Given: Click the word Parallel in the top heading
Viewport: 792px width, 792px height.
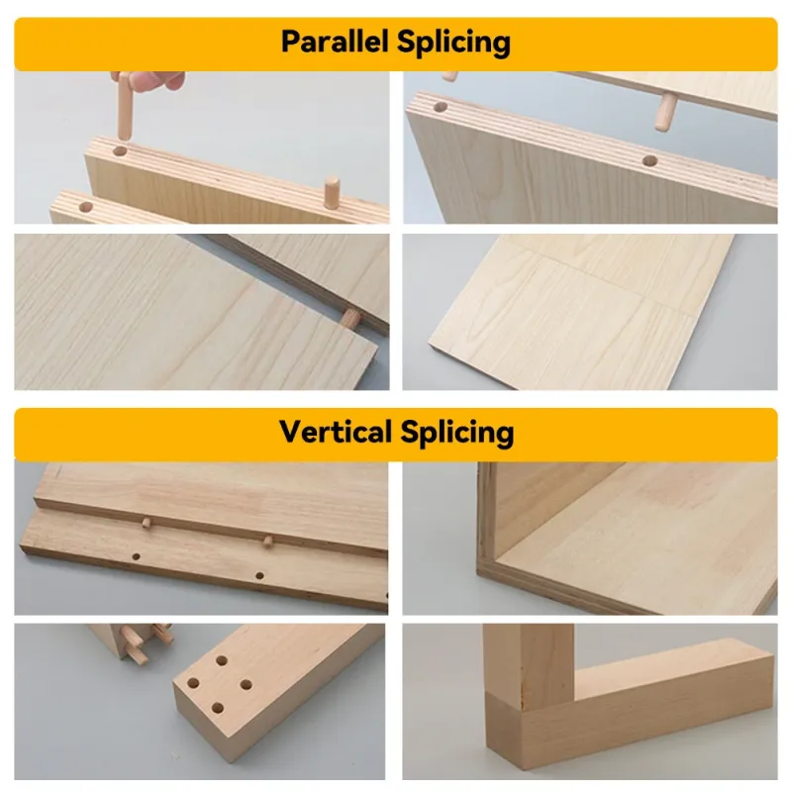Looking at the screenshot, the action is [335, 42].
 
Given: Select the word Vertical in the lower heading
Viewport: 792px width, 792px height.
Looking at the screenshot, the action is [336, 432].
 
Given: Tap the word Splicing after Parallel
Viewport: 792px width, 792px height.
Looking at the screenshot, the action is [453, 43].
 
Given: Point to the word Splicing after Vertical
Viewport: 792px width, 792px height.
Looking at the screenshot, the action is [457, 434].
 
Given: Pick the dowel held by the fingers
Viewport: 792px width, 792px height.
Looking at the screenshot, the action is [125, 106].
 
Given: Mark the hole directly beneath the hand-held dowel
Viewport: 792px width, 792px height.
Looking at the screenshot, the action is [120, 151].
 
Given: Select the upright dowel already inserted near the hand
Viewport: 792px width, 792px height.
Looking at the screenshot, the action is [332, 191].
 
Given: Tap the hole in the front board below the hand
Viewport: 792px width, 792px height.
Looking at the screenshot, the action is [86, 207].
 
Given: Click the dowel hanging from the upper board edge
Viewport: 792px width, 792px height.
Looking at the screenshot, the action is [665, 113].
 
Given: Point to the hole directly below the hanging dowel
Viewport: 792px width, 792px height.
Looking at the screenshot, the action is [649, 161].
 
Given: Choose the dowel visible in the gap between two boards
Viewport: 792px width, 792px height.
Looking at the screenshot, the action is [350, 319].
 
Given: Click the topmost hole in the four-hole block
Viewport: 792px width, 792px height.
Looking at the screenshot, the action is [221, 660].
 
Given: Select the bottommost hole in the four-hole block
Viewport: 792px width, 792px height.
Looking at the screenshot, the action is [218, 708].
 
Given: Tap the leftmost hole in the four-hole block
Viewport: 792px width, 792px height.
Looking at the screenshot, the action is [193, 683].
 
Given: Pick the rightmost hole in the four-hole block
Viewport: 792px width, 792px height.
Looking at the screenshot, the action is [246, 685].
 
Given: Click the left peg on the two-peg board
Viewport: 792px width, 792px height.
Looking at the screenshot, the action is [147, 523].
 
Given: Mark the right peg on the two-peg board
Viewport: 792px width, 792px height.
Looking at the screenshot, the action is [267, 542].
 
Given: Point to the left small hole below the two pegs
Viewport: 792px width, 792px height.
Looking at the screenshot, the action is [136, 556].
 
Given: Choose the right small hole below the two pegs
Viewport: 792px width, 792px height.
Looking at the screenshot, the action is [259, 575].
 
